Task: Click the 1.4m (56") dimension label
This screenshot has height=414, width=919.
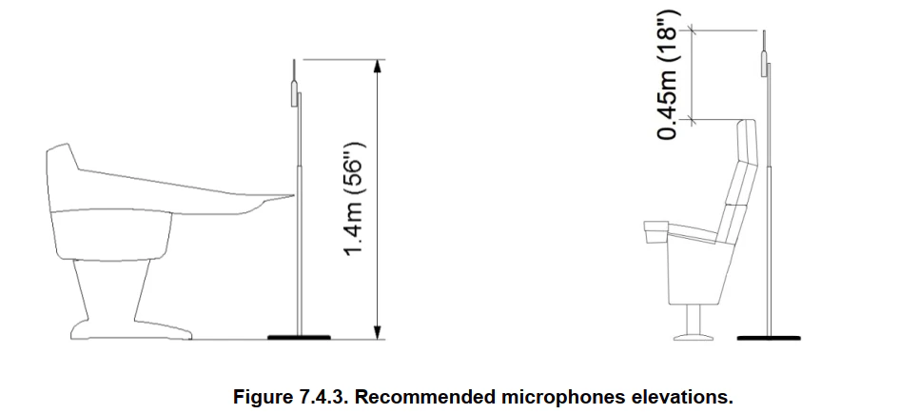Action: pos(355,199)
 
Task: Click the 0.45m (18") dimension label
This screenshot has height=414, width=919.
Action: pos(668,75)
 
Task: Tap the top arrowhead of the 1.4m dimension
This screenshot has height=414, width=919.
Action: pos(378,67)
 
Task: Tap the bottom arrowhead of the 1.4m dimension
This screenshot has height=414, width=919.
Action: pos(378,332)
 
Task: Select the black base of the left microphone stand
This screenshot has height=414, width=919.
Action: pos(299,337)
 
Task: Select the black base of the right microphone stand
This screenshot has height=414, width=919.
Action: pos(769,338)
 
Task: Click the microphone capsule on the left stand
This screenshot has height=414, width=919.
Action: pos(294,94)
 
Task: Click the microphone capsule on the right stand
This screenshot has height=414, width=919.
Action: pos(764,64)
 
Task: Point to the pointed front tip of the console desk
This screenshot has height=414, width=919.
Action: pos(292,196)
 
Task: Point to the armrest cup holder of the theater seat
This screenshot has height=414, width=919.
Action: pos(655,232)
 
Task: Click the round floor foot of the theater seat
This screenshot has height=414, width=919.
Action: pos(694,337)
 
